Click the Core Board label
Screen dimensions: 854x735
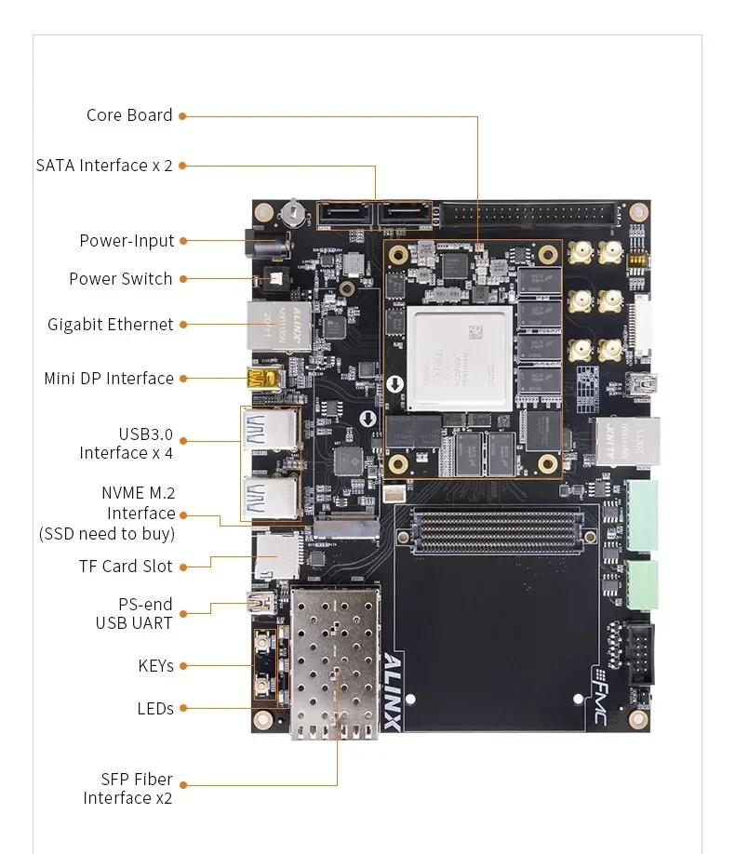tap(129, 115)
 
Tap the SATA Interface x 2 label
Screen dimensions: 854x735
tap(104, 166)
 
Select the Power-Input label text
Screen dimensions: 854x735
tap(127, 241)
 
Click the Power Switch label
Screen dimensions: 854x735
tap(121, 279)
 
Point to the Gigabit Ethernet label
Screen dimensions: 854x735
tap(111, 325)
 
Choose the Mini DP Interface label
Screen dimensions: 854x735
tap(109, 379)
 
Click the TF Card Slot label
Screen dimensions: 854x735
tap(126, 567)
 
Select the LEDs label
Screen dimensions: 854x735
tap(155, 709)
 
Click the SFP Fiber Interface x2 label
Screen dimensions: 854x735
tap(128, 789)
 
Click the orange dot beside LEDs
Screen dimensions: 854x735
tap(183, 709)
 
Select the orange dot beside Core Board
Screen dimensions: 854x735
tap(183, 116)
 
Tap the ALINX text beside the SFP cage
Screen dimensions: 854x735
tap(393, 690)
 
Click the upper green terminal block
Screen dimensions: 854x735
tap(642, 514)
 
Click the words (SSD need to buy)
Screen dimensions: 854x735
tap(107, 534)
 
